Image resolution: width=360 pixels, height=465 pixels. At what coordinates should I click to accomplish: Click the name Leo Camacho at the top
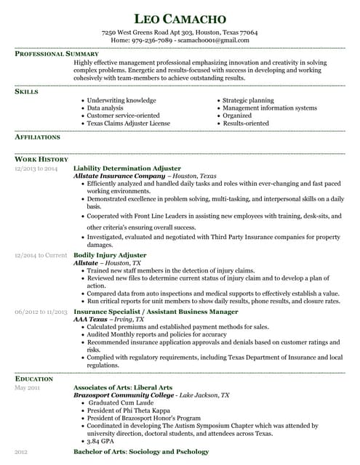click(x=180, y=17)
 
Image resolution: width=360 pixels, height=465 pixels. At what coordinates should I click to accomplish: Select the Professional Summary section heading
click(x=57, y=54)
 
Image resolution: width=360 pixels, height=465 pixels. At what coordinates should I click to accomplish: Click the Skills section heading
click(x=27, y=92)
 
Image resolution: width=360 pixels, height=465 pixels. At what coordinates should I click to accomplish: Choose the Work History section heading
click(x=41, y=159)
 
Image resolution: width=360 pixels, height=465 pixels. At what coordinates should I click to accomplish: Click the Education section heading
click(x=33, y=379)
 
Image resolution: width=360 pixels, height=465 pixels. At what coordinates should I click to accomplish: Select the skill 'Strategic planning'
click(x=248, y=100)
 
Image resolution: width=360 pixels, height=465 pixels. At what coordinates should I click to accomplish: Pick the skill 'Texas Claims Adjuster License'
click(x=128, y=124)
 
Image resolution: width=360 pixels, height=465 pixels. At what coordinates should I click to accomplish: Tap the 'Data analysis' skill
click(x=110, y=108)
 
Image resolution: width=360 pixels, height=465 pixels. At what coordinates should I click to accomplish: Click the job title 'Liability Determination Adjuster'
click(x=127, y=168)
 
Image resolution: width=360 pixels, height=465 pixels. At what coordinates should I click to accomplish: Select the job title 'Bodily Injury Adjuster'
click(x=110, y=255)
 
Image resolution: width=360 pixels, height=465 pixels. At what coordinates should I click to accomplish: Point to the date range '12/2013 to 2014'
click(x=36, y=169)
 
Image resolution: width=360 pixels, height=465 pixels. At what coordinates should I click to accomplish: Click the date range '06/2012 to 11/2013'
click(x=41, y=312)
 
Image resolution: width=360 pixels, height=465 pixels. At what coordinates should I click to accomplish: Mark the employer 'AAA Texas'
click(x=91, y=319)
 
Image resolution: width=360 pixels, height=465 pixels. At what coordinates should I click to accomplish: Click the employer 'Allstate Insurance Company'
click(x=119, y=176)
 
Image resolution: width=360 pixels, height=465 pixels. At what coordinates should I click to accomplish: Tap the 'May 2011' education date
click(x=28, y=388)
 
